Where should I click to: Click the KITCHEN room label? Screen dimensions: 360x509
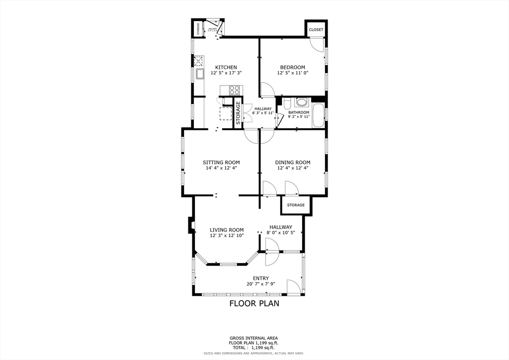pos(226,68)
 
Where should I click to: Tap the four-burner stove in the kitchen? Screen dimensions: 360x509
pos(234,90)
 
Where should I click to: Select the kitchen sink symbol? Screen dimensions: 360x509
pos(200,75)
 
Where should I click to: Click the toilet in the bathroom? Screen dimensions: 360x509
pos(287,103)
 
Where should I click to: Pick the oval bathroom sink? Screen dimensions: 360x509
pos(301,102)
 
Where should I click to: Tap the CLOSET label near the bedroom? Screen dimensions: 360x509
pos(316,30)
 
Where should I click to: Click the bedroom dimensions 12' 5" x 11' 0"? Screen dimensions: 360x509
pos(292,73)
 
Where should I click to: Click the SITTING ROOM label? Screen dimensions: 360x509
pos(221,162)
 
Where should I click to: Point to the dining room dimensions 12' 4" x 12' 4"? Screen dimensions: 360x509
pos(292,168)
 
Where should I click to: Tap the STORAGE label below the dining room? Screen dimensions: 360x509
pos(296,205)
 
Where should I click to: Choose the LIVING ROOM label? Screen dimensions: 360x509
pos(227,230)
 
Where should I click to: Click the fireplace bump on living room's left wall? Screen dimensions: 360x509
pos(190,225)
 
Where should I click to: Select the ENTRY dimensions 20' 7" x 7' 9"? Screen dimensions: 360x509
pos(260,284)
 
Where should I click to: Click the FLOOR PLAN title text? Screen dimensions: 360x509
pos(254,303)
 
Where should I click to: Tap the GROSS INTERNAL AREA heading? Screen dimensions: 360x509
pos(254,338)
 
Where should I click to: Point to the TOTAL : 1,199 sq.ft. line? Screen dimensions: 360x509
pos(254,348)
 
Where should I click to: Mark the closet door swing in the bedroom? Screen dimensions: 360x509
pos(315,45)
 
